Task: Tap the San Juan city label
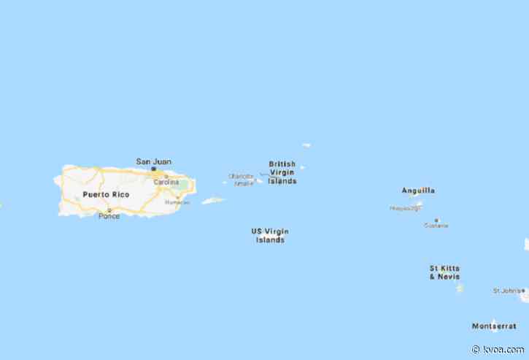click(153, 161)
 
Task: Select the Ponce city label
click(109, 216)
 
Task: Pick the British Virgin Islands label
click(282, 172)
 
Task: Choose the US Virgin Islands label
click(270, 235)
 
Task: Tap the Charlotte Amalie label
click(241, 179)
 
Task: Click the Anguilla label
click(418, 191)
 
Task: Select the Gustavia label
click(436, 226)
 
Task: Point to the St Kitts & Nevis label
click(444, 272)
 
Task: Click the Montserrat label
click(493, 326)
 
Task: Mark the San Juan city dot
click(153, 169)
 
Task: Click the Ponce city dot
click(109, 210)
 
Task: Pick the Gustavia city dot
click(436, 219)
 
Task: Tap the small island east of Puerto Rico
click(213, 200)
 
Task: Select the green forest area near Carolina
click(180, 183)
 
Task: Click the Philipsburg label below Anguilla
click(406, 208)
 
